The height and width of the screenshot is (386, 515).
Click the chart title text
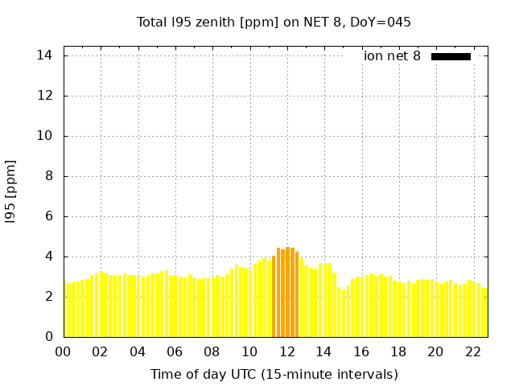click(274, 22)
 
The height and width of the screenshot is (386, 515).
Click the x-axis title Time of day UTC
click(274, 374)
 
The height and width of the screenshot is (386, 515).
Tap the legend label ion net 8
click(392, 56)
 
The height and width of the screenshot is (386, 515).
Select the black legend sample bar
click(451, 56)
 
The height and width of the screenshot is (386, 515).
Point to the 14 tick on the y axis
click(45, 55)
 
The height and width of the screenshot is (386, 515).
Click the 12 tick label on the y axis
click(45, 96)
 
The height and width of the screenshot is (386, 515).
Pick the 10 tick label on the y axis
click(45, 136)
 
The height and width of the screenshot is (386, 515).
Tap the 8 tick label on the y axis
click(49, 176)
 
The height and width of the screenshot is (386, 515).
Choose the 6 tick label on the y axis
click(49, 216)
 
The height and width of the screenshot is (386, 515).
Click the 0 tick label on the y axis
click(49, 337)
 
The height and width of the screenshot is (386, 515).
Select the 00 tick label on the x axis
click(64, 351)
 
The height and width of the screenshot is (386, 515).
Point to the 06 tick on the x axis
click(175, 351)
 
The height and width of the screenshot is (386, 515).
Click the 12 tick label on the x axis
click(287, 351)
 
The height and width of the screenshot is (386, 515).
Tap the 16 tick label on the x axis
click(361, 351)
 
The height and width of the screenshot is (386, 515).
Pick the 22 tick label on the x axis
click(473, 351)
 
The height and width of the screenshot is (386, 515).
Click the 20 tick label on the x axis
click(436, 351)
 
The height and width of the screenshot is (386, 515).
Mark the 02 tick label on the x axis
click(101, 351)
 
